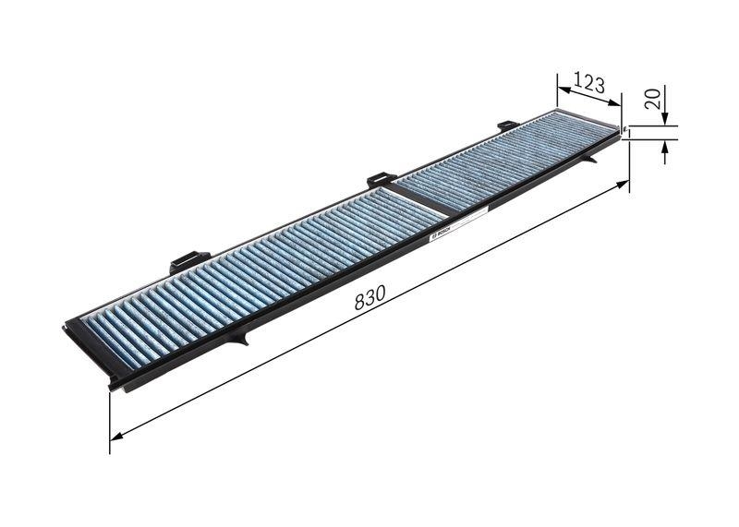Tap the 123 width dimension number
[x=588, y=86]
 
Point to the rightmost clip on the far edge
[x=507, y=126]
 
